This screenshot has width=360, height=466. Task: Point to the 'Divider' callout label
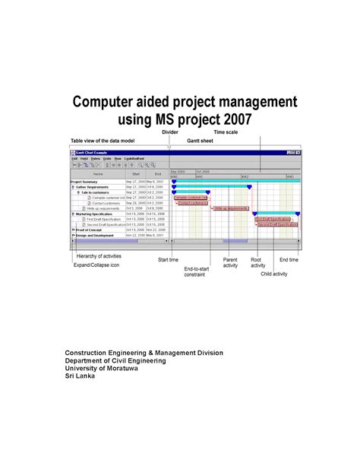pos(170,133)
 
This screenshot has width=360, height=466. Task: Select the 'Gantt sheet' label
pos(201,141)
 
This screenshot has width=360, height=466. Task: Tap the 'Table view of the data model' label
pos(104,141)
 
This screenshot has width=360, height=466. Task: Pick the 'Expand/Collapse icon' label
pos(96,265)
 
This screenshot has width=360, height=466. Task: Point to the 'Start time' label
pos(169,260)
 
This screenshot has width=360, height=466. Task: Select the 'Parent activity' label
pos(230,263)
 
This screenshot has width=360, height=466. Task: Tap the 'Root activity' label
pos(257,263)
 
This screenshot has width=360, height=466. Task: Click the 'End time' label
pos(289,260)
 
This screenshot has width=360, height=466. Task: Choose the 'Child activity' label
pos(274,273)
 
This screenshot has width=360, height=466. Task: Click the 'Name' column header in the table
pos(97,174)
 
